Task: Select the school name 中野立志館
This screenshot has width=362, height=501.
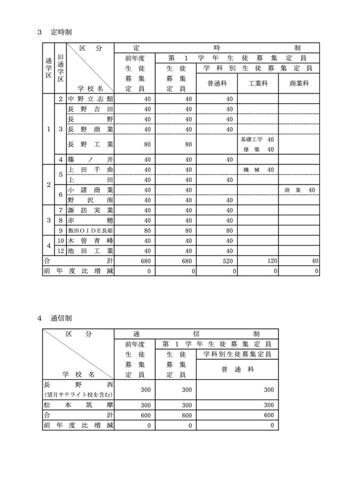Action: (90, 98)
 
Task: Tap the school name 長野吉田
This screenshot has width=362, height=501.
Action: (90, 109)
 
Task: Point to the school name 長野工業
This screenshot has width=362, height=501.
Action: (90, 144)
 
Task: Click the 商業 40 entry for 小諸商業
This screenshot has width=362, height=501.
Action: (300, 190)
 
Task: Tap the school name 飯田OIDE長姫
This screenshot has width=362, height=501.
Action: (90, 230)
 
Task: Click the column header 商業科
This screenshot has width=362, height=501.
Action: (300, 83)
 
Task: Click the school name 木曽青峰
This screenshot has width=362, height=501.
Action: (90, 241)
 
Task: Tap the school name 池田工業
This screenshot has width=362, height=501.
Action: (90, 250)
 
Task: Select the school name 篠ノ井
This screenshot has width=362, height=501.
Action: (90, 159)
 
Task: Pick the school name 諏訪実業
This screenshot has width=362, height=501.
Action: (90, 210)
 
